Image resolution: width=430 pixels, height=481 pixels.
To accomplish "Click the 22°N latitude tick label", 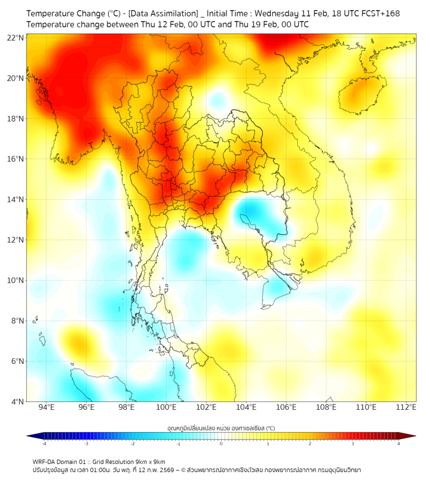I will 15,38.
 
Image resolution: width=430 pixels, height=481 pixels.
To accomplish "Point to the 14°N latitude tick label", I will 15,199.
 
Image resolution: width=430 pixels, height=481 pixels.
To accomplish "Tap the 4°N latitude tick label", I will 17,401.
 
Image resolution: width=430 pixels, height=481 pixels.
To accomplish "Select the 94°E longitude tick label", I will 46,407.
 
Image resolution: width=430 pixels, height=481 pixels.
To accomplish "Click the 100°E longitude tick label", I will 166,407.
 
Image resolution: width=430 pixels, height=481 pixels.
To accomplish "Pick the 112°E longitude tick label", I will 406,407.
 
